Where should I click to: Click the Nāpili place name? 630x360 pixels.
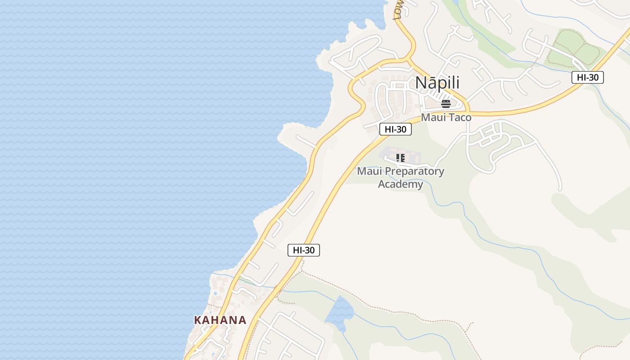(437, 83)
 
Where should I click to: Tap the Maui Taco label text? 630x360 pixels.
(446, 117)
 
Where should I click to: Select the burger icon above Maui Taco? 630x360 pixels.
(446, 104)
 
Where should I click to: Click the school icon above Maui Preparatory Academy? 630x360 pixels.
(400, 158)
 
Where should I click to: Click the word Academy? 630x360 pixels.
(400, 184)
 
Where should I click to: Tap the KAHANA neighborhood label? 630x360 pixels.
(220, 320)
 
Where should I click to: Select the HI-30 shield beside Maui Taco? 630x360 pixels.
(396, 129)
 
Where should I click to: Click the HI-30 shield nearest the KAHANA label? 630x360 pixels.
(304, 250)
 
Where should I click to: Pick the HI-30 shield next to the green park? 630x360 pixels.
(588, 77)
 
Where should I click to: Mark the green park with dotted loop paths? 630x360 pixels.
(574, 47)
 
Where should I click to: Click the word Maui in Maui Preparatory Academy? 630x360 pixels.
(367, 171)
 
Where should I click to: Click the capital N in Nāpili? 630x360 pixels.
(420, 83)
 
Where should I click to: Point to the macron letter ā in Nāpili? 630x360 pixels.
(431, 83)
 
